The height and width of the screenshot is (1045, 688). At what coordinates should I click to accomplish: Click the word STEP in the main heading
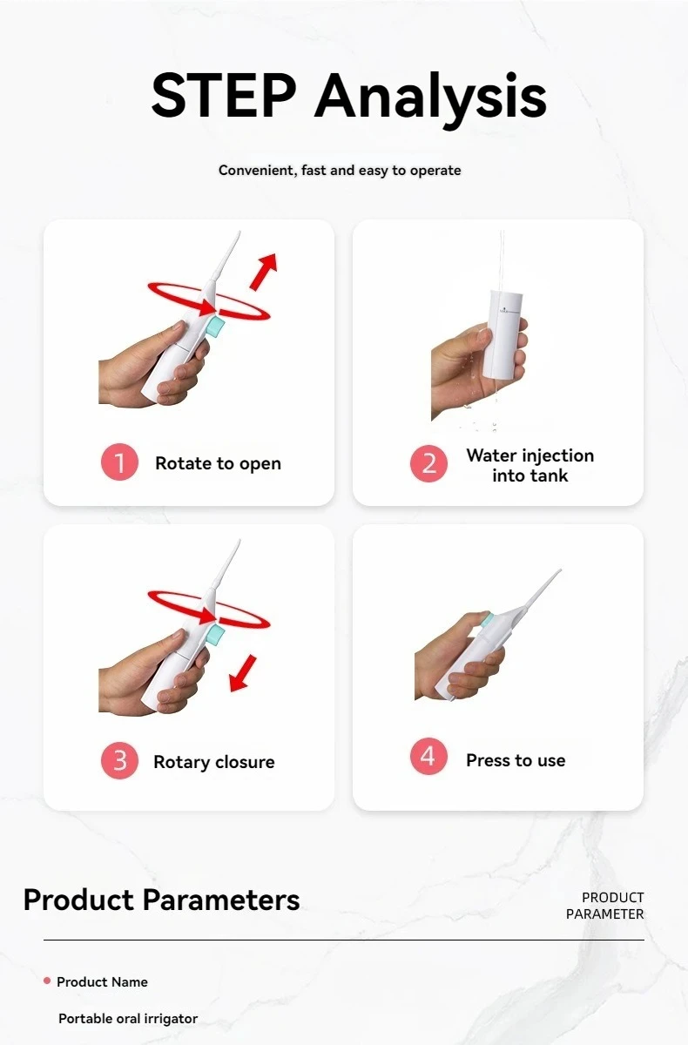(x=224, y=95)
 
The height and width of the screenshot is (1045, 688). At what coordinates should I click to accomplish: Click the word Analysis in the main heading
(x=430, y=99)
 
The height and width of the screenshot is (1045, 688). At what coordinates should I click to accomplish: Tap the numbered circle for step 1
(x=119, y=462)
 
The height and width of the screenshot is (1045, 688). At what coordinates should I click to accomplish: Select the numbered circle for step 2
(x=428, y=463)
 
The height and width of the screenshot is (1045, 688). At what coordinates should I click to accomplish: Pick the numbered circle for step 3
(x=119, y=761)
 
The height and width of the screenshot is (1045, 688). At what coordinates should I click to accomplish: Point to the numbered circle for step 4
(x=428, y=756)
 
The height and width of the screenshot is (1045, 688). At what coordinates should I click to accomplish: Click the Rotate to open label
(x=218, y=463)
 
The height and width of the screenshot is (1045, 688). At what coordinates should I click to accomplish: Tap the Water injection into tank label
(x=529, y=466)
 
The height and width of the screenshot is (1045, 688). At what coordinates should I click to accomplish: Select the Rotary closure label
(x=214, y=762)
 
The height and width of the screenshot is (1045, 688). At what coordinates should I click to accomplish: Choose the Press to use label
(x=516, y=760)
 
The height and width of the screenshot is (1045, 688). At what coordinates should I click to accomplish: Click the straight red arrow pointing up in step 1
(x=264, y=271)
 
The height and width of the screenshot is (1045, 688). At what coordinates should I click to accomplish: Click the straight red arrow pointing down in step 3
(x=243, y=673)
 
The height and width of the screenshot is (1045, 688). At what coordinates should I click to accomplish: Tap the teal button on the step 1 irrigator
(x=216, y=327)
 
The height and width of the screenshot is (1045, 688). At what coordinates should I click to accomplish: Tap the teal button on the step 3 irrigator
(x=216, y=636)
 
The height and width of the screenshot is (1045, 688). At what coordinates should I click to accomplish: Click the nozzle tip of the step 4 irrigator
(x=560, y=570)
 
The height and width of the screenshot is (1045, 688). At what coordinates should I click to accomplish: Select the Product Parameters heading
(x=161, y=900)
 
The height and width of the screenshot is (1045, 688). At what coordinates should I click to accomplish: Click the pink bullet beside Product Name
(x=47, y=981)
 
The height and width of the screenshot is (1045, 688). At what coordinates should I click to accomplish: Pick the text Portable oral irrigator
(x=128, y=1019)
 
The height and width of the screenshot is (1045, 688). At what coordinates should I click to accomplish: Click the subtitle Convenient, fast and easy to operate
(x=340, y=171)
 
